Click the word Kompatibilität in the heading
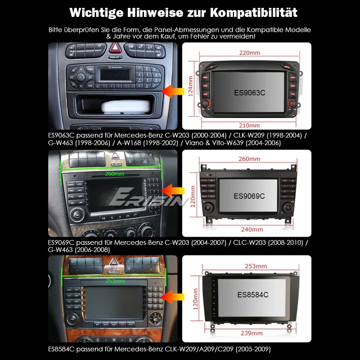253,12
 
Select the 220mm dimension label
249,53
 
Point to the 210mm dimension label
249,125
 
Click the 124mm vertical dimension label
191,86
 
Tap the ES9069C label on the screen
249,196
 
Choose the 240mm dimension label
249,229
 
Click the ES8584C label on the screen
253,295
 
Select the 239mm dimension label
252,333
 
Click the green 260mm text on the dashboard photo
114,174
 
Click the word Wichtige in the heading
96,12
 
